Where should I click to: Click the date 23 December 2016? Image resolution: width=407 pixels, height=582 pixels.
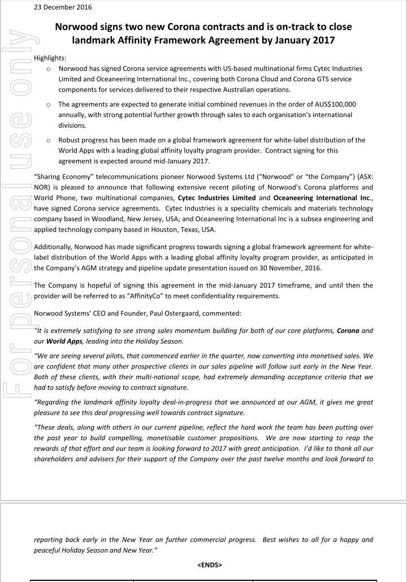tap(63, 7)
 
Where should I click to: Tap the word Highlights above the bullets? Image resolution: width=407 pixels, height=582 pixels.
tap(50, 58)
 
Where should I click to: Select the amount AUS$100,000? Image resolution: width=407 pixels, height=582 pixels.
tap(330, 105)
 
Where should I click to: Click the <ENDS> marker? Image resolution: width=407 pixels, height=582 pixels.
tap(210, 564)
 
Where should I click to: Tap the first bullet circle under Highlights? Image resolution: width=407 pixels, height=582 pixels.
tap(50, 69)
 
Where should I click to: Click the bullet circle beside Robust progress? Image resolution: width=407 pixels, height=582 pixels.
tap(50, 140)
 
